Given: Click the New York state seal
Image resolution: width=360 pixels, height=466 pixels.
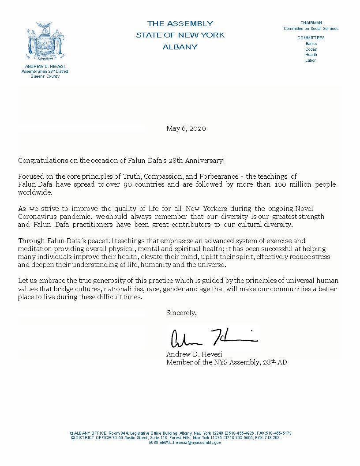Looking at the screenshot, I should coord(45,41).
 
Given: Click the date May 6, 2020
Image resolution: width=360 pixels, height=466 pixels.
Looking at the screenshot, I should coord(186,128).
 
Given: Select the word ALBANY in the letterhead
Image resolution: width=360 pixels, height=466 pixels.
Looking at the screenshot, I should coord(180,47).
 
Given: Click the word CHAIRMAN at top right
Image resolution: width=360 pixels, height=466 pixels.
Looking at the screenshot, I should coord(311,23).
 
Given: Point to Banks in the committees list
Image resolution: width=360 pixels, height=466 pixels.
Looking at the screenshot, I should coord(311,44).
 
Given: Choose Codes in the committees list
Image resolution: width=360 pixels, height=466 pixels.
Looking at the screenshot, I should coord(311,49).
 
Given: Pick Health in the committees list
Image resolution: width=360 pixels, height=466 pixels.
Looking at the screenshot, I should coord(311,55).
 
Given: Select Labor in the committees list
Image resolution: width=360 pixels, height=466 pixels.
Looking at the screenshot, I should coord(311,60).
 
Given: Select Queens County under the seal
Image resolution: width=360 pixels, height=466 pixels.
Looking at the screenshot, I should coord(45,76).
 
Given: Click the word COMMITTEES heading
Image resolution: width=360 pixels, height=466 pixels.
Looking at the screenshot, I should coord(311,38).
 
